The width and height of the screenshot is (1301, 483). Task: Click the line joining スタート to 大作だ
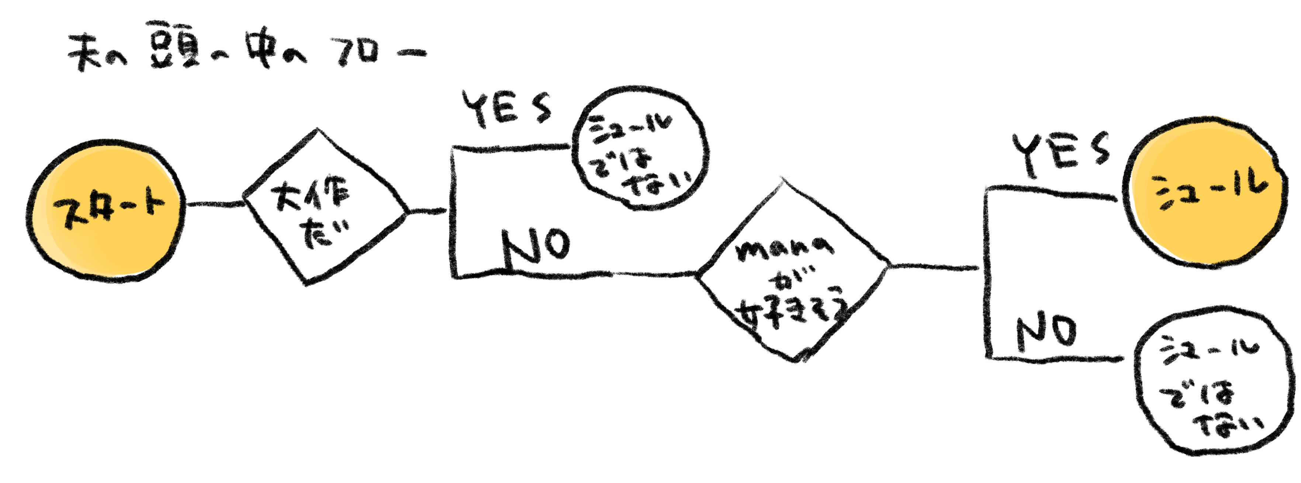[x=215, y=204]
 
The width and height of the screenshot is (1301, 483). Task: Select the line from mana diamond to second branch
[x=934, y=267]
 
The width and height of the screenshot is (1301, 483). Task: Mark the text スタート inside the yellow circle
[x=108, y=209]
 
